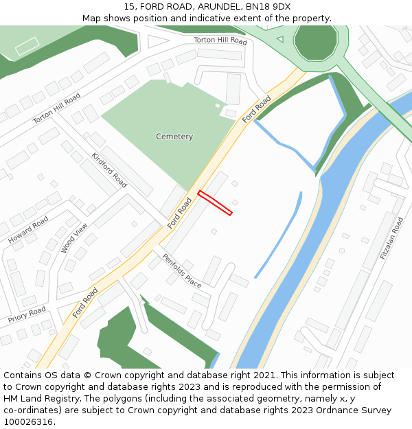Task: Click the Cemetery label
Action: (174, 137)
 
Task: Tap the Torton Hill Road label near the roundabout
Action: (220, 41)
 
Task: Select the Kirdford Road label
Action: (109, 170)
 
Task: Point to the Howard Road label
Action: (28, 229)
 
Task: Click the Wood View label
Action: (74, 238)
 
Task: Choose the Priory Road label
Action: (27, 315)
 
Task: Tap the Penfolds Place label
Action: (182, 270)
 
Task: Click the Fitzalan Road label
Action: (393, 237)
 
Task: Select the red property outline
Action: (215, 202)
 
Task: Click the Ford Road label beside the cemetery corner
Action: (257, 109)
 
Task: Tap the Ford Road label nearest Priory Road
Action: (85, 303)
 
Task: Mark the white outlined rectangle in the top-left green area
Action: (27, 47)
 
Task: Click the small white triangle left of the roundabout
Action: (279, 39)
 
